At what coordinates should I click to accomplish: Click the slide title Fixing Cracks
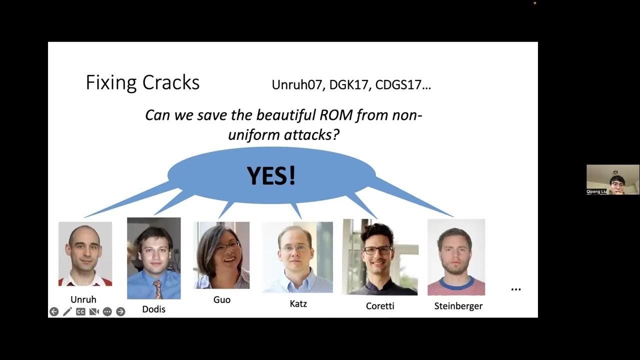pos(142,82)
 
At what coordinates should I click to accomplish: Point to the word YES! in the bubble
pos(271,175)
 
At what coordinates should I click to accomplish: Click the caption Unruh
pos(83,299)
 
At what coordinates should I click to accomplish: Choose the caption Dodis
pos(153,309)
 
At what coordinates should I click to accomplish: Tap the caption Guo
pos(222,299)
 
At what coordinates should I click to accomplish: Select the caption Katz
pos(298,303)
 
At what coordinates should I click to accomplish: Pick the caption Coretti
pos(380,306)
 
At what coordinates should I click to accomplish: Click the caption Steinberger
pos(458,306)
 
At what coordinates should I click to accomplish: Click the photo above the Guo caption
pos(221,255)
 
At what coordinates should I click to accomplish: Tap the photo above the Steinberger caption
pos(456,257)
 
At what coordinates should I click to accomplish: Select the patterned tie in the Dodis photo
pos(157,289)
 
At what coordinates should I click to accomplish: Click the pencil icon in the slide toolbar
pos(67,311)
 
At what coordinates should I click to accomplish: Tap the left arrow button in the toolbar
pos(54,311)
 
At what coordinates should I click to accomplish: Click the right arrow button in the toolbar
pos(120,311)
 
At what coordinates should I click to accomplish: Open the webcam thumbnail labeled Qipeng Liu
pos(612,179)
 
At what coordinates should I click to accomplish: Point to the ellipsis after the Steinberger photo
pos(516,289)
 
